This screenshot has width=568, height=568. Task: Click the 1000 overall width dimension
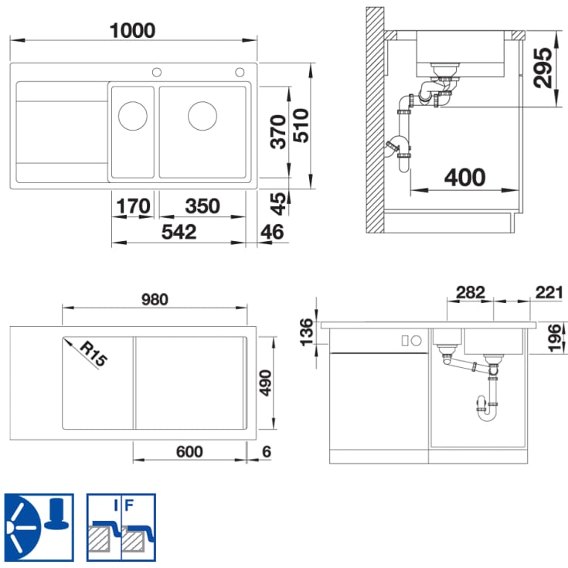click(133, 30)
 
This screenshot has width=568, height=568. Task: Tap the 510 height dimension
click(301, 125)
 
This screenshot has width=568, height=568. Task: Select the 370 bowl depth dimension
click(278, 131)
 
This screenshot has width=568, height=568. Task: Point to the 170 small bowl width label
click(133, 206)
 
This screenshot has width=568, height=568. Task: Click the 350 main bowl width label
click(202, 206)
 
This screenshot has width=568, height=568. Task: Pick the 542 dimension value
click(179, 232)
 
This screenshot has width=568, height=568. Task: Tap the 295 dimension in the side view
click(543, 68)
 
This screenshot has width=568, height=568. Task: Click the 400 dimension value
click(464, 178)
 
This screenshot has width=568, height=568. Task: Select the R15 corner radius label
click(94, 354)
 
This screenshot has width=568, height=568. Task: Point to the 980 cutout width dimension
click(155, 300)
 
